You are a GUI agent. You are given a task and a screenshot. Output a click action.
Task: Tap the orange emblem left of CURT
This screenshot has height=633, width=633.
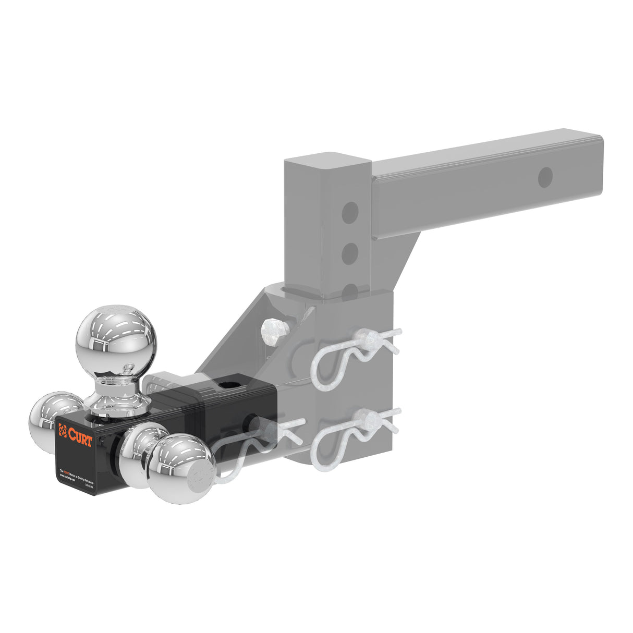(x=63, y=431)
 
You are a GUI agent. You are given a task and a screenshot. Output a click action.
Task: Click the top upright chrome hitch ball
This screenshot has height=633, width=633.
(x=116, y=340)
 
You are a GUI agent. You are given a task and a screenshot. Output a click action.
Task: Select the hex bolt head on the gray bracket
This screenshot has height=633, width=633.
(x=274, y=331)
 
